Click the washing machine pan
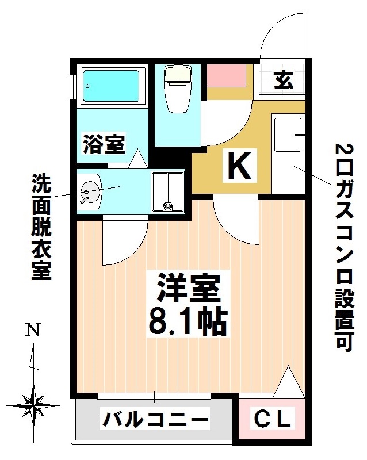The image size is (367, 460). point(167,191)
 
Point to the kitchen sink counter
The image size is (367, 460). point(288,152)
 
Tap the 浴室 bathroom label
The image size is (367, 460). point(104,144)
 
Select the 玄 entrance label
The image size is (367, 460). point(283,80)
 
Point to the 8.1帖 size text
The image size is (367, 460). point(189,323)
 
